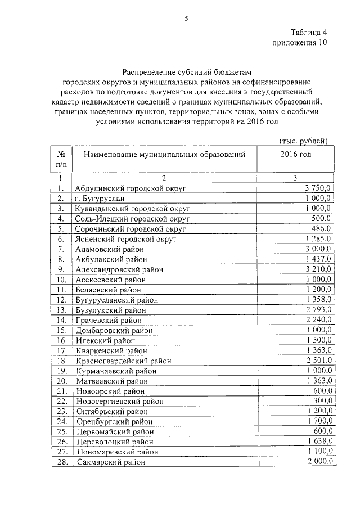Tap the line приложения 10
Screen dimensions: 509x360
click(x=299, y=42)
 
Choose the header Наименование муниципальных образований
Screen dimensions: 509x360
click(x=165, y=154)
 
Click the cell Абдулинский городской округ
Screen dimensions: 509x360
click(x=130, y=188)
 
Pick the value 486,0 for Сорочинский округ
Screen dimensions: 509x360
click(x=323, y=229)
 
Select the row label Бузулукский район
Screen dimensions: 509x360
click(x=111, y=310)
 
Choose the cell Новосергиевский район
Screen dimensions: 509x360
click(x=120, y=401)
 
